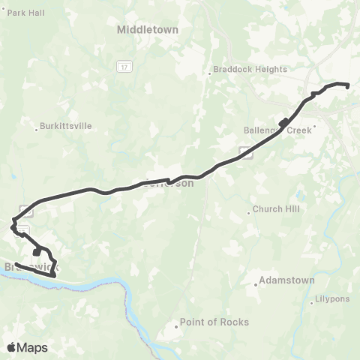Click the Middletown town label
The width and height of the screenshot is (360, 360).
(x=147, y=30)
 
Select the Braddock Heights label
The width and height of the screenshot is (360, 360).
(x=250, y=69)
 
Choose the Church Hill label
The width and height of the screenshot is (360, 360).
(x=275, y=209)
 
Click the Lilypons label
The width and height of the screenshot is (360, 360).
(x=330, y=298)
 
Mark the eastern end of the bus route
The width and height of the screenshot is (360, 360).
(x=349, y=86)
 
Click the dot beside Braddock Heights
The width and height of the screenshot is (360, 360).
(x=210, y=73)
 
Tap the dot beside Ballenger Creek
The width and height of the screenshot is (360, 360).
(x=316, y=126)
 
